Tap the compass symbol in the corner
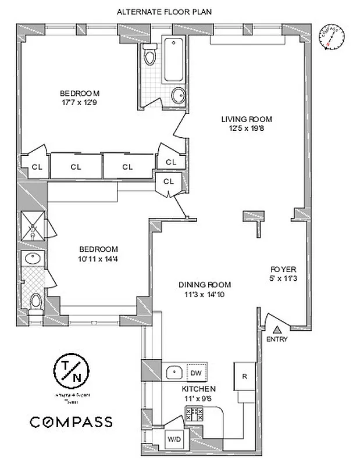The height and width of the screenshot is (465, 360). [332, 37]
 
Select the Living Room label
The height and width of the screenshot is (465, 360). [247, 119]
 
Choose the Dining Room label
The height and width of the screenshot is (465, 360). [205, 285]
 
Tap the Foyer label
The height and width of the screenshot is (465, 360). [283, 270]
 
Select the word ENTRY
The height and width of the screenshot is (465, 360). [277, 339]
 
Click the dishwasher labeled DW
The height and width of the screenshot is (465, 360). [196, 372]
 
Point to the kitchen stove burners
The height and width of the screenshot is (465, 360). [194, 414]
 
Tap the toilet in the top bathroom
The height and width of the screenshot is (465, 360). [150, 55]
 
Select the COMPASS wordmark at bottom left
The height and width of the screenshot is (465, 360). [71, 421]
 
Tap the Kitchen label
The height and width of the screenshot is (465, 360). [199, 389]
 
